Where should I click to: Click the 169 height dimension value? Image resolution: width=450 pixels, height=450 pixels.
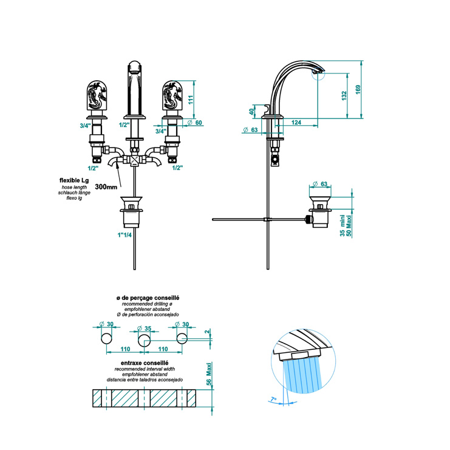pyautogui.click(x=358, y=89)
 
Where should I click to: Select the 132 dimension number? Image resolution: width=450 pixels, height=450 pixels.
pyautogui.click(x=344, y=95)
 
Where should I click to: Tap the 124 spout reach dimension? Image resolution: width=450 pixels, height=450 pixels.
pyautogui.click(x=296, y=123)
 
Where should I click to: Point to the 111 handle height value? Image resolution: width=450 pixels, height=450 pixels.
pyautogui.click(x=191, y=100)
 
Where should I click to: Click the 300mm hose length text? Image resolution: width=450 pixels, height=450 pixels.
pyautogui.click(x=106, y=187)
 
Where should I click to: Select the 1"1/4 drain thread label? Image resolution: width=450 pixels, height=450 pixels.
pyautogui.click(x=124, y=235)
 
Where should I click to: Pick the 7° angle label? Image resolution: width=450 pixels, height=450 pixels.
pyautogui.click(x=273, y=399)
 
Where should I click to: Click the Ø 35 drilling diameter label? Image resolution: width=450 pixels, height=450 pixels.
pyautogui.click(x=144, y=329)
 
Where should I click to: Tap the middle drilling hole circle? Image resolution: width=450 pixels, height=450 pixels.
pyautogui.click(x=144, y=340)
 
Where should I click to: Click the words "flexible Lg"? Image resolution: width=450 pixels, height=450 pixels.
pyautogui.click(x=74, y=180)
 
